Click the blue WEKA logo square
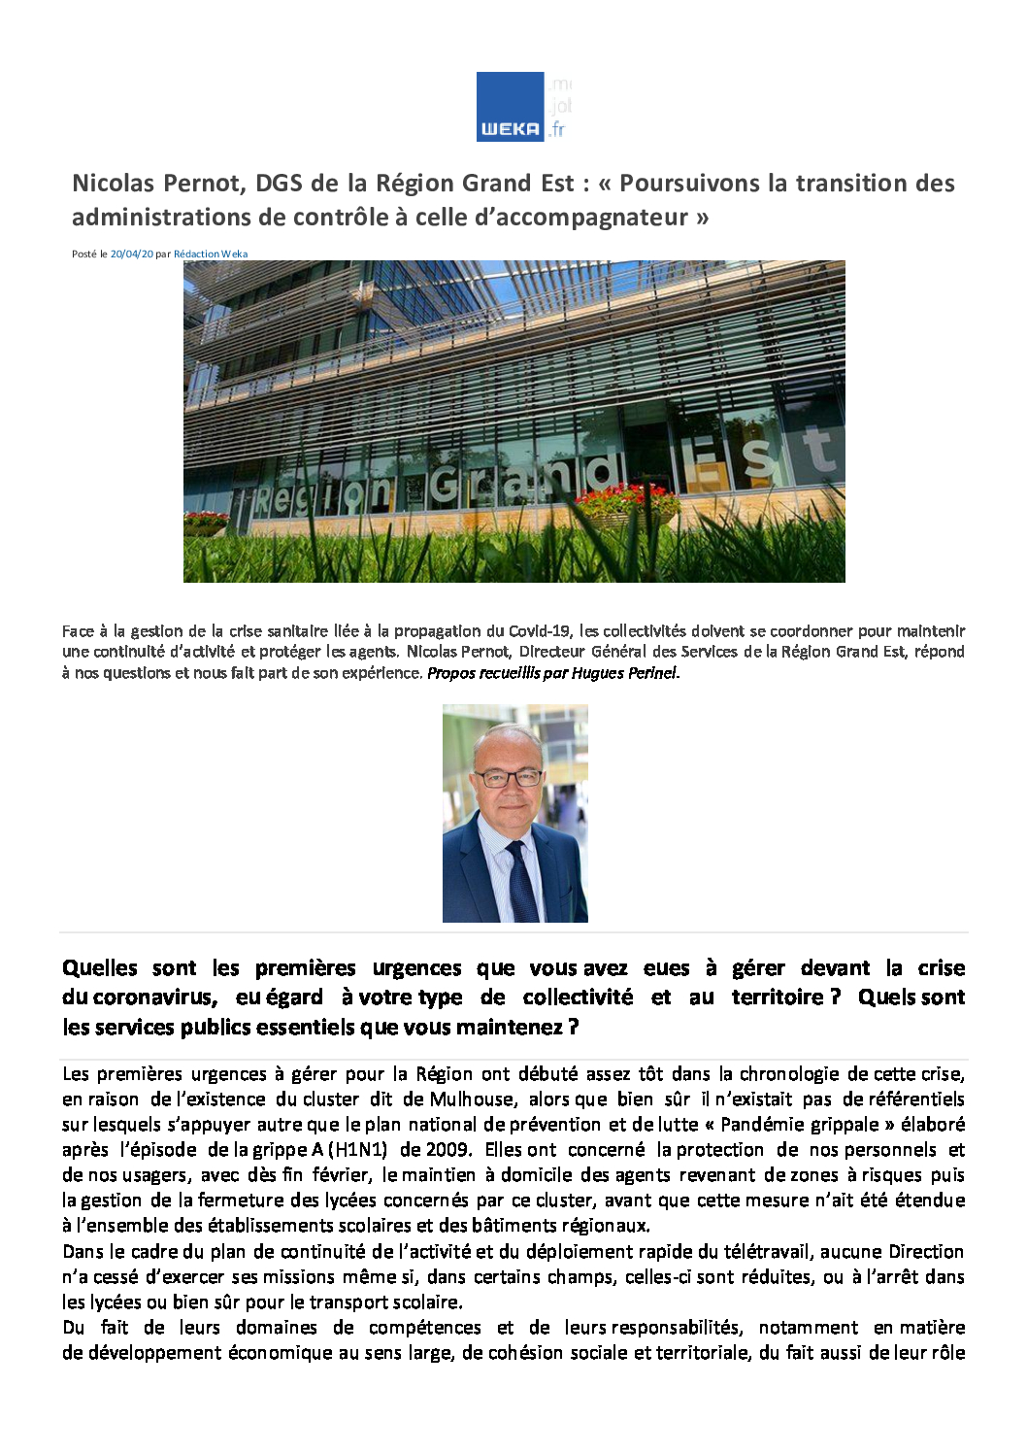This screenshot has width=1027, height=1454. [510, 106]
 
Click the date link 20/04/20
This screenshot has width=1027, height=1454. [132, 254]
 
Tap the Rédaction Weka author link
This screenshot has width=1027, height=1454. [211, 254]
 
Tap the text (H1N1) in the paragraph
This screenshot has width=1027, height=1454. [357, 1150]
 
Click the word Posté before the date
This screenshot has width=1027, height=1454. [83, 254]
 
